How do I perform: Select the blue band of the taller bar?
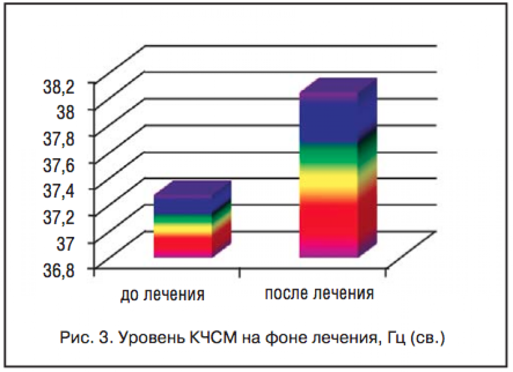tap(328, 121)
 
